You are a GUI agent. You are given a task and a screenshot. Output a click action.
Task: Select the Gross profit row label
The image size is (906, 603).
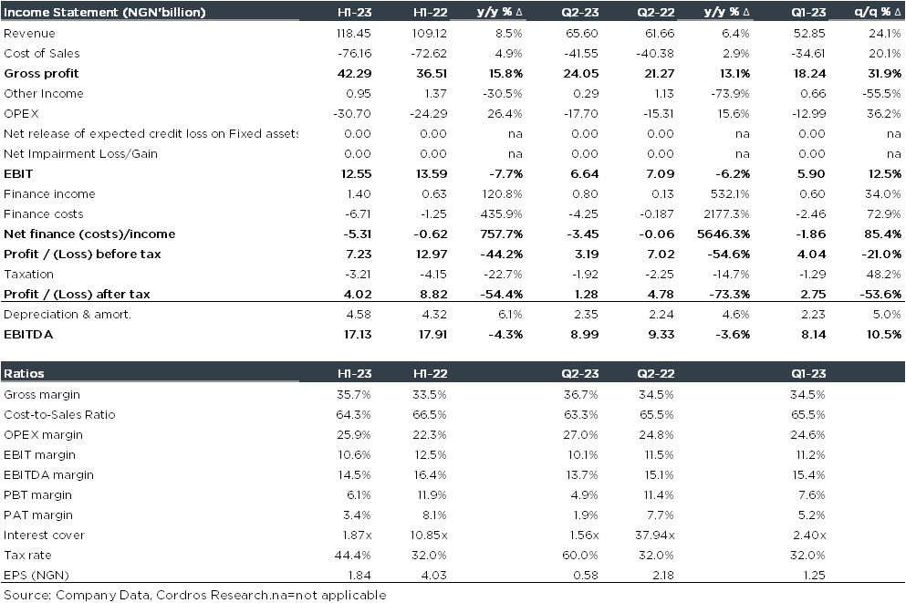click(x=41, y=74)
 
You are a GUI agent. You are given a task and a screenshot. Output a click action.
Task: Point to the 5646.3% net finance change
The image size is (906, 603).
click(x=725, y=234)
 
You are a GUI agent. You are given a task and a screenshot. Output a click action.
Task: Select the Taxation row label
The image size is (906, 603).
click(x=29, y=275)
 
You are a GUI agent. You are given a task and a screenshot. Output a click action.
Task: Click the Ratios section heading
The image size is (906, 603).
click(x=25, y=374)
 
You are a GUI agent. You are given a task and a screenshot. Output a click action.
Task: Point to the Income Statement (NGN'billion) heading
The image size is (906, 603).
click(x=105, y=13)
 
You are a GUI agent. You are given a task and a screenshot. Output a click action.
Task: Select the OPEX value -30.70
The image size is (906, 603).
click(x=350, y=114)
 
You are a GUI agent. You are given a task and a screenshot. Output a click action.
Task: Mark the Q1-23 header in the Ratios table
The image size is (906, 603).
click(x=808, y=374)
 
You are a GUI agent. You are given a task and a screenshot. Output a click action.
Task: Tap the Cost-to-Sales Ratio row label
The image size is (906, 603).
click(x=59, y=415)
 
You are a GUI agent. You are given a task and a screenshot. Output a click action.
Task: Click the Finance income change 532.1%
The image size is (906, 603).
click(x=730, y=194)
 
